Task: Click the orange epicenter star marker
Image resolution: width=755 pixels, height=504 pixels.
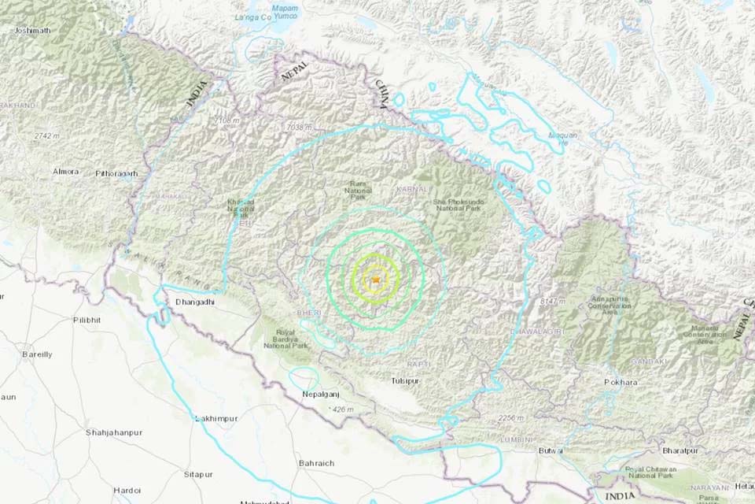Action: pos(377,280)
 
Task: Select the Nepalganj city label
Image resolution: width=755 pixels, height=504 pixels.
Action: pos(321,395)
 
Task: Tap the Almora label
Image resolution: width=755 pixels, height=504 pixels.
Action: pos(65,171)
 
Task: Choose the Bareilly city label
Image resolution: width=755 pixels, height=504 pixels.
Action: pos(37,354)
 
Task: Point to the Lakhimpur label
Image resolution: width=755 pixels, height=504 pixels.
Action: pos(215,417)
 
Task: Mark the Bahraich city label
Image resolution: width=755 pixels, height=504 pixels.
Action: pos(316,463)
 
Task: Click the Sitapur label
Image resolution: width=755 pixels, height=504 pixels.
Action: pos(198,474)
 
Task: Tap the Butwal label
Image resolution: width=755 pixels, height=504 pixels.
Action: pos(550,450)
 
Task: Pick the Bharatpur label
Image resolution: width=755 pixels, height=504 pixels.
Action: pos(680,451)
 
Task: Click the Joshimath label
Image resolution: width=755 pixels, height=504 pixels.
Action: pos(32,31)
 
